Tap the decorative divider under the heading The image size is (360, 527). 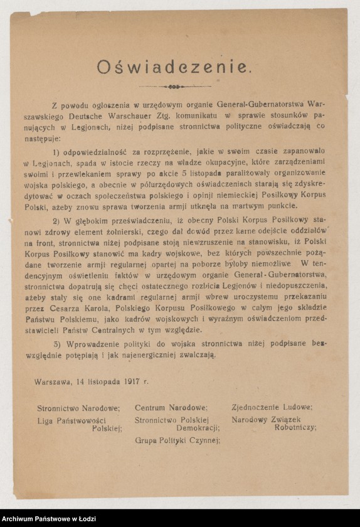(175, 86)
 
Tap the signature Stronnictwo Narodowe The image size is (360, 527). (78, 408)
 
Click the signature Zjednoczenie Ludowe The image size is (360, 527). (272, 407)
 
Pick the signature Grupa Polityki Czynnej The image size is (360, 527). (177, 440)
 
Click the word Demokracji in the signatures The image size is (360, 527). (197, 428)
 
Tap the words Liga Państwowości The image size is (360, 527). (71, 420)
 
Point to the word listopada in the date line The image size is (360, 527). (98, 381)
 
